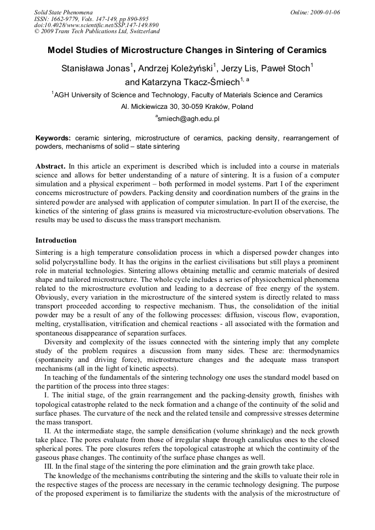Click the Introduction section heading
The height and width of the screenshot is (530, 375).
coord(56,240)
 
